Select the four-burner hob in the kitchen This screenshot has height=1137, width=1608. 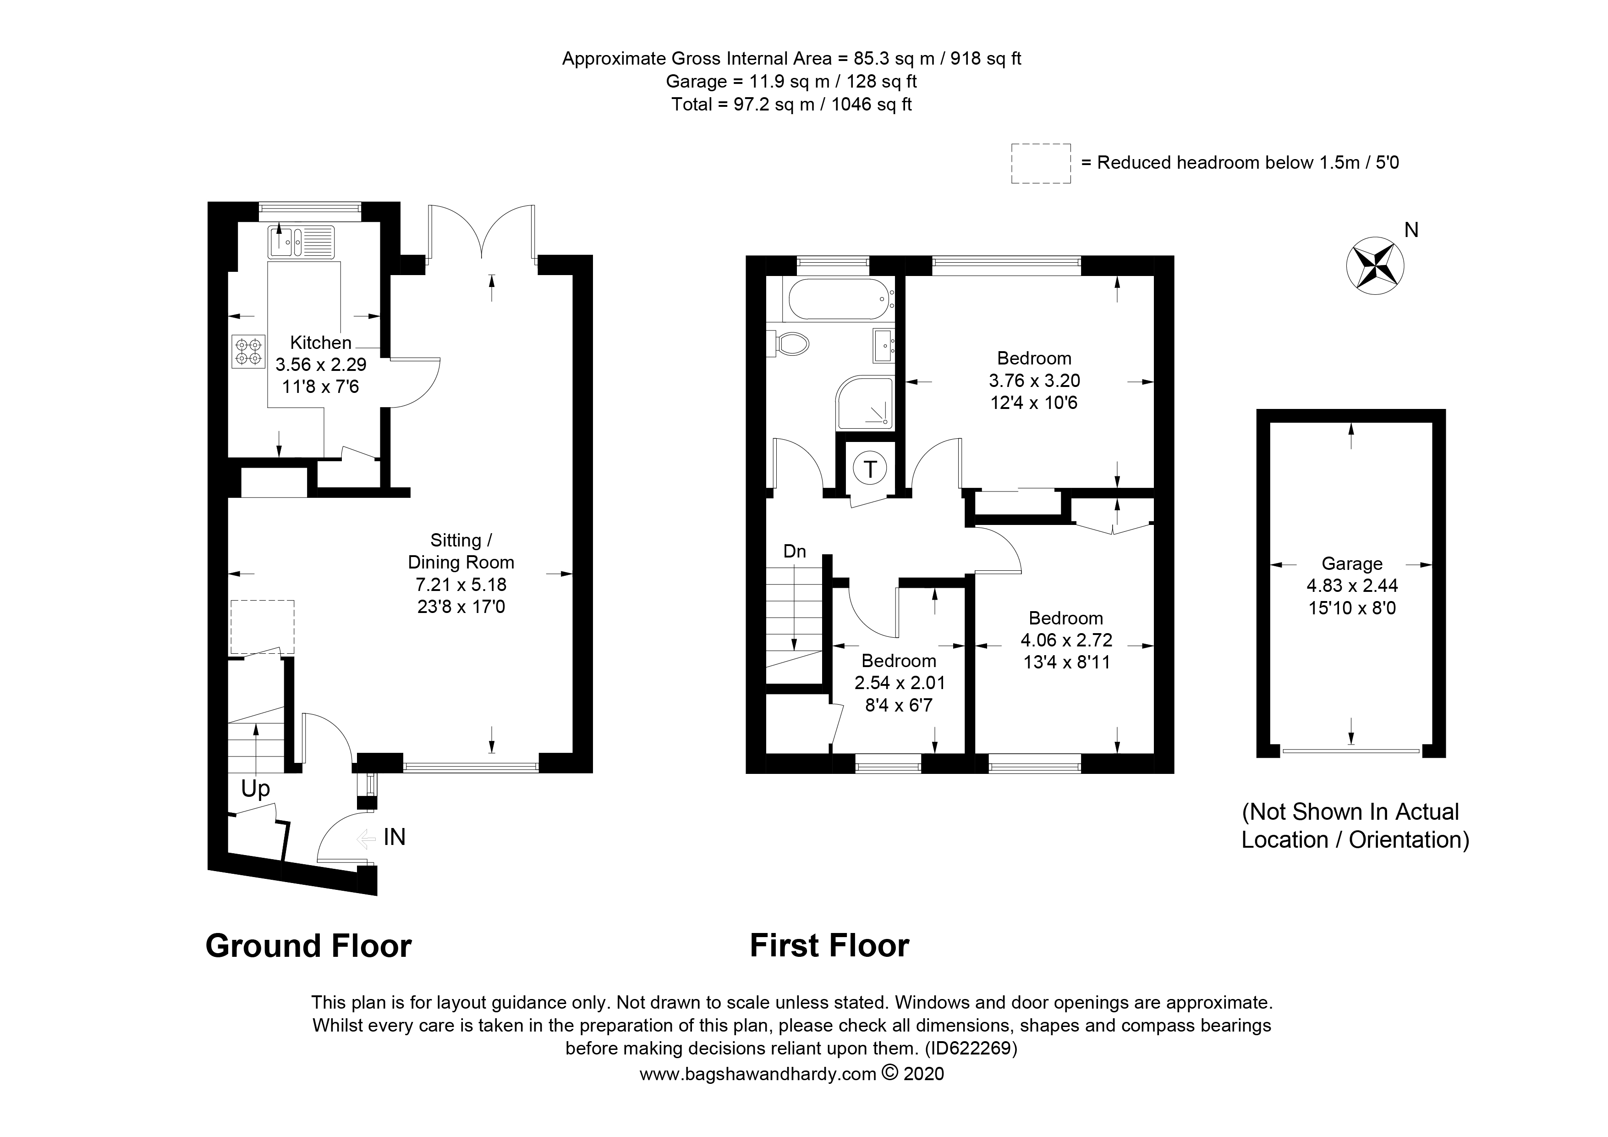click(x=249, y=352)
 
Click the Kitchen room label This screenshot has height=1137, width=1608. click(x=321, y=342)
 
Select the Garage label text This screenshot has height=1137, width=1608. click(x=1352, y=564)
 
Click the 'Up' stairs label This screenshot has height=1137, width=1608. click(x=256, y=789)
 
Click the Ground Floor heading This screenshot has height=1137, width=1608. click(x=308, y=946)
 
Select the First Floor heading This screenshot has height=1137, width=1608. click(x=829, y=946)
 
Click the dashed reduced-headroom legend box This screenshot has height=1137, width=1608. click(x=1041, y=164)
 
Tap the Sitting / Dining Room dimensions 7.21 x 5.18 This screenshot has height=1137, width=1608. click(x=461, y=584)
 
